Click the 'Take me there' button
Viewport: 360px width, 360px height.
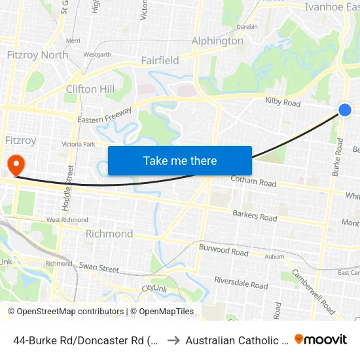(x=180, y=161)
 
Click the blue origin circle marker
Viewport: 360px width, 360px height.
(x=345, y=110)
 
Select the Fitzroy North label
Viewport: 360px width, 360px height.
(x=37, y=55)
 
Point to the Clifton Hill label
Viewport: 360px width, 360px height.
(x=90, y=89)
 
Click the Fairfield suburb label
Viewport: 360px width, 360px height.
(x=160, y=61)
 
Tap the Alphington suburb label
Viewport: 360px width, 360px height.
(x=217, y=41)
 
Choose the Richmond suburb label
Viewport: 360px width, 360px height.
(x=109, y=234)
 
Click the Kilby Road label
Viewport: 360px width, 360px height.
(x=283, y=103)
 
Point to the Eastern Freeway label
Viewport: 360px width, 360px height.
(x=105, y=118)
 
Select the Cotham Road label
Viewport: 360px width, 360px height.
(x=253, y=181)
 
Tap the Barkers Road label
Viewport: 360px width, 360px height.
(x=255, y=215)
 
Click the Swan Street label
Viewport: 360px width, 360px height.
(x=99, y=268)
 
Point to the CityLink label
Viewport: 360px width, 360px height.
(x=154, y=288)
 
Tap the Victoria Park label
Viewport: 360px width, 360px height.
(x=78, y=144)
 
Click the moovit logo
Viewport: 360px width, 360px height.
(x=321, y=339)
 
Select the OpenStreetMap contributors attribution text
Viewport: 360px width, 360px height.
(x=65, y=312)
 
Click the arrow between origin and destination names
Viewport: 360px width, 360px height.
(x=173, y=340)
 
